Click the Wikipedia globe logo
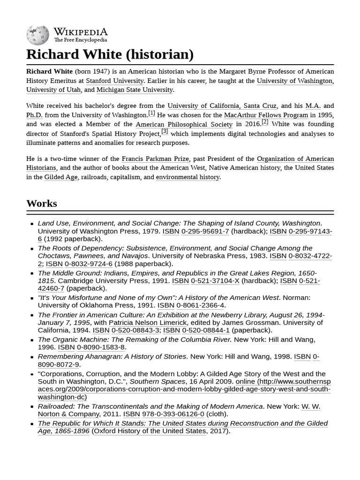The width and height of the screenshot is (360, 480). (x=37, y=35)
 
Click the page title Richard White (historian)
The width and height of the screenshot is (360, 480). (x=110, y=54)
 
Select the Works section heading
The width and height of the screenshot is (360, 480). (x=42, y=203)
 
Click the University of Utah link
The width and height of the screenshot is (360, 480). (x=53, y=90)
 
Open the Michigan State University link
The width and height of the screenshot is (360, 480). (x=135, y=90)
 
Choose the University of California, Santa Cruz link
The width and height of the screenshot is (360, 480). (x=222, y=106)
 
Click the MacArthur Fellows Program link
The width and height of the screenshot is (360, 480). (x=266, y=115)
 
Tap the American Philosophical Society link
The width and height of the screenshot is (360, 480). (x=184, y=124)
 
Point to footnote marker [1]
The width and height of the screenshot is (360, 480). (x=151, y=113)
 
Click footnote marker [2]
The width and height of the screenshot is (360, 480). (x=265, y=122)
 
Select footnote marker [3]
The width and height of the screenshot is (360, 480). (x=165, y=132)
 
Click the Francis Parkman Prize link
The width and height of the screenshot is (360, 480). (x=155, y=159)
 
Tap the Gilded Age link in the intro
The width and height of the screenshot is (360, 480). (x=61, y=177)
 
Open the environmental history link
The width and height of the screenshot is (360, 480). (x=187, y=177)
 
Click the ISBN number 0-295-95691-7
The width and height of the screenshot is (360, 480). (x=205, y=231)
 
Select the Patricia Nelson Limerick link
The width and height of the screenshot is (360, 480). (x=148, y=322)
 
